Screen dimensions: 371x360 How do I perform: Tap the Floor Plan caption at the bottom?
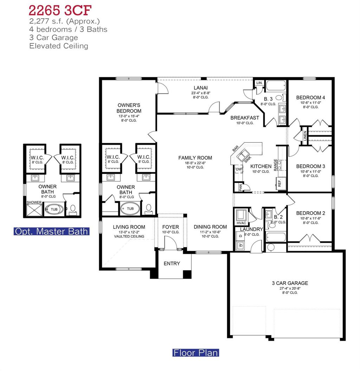(195, 352)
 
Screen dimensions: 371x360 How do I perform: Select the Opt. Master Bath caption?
(51, 231)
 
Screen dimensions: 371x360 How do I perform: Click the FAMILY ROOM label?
(195, 158)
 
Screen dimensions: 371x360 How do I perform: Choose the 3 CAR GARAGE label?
(290, 283)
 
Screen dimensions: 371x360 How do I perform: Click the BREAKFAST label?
(245, 118)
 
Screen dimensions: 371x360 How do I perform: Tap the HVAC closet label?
(241, 223)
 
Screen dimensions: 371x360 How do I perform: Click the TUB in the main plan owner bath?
(130, 208)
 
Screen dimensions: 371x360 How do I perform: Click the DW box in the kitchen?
(239, 169)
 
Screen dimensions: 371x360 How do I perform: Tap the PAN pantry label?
(240, 188)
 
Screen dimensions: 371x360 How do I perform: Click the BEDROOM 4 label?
(308, 98)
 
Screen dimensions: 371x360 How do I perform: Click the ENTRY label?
(172, 263)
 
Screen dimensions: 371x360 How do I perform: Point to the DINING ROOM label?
(210, 227)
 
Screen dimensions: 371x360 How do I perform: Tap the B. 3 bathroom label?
(268, 99)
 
